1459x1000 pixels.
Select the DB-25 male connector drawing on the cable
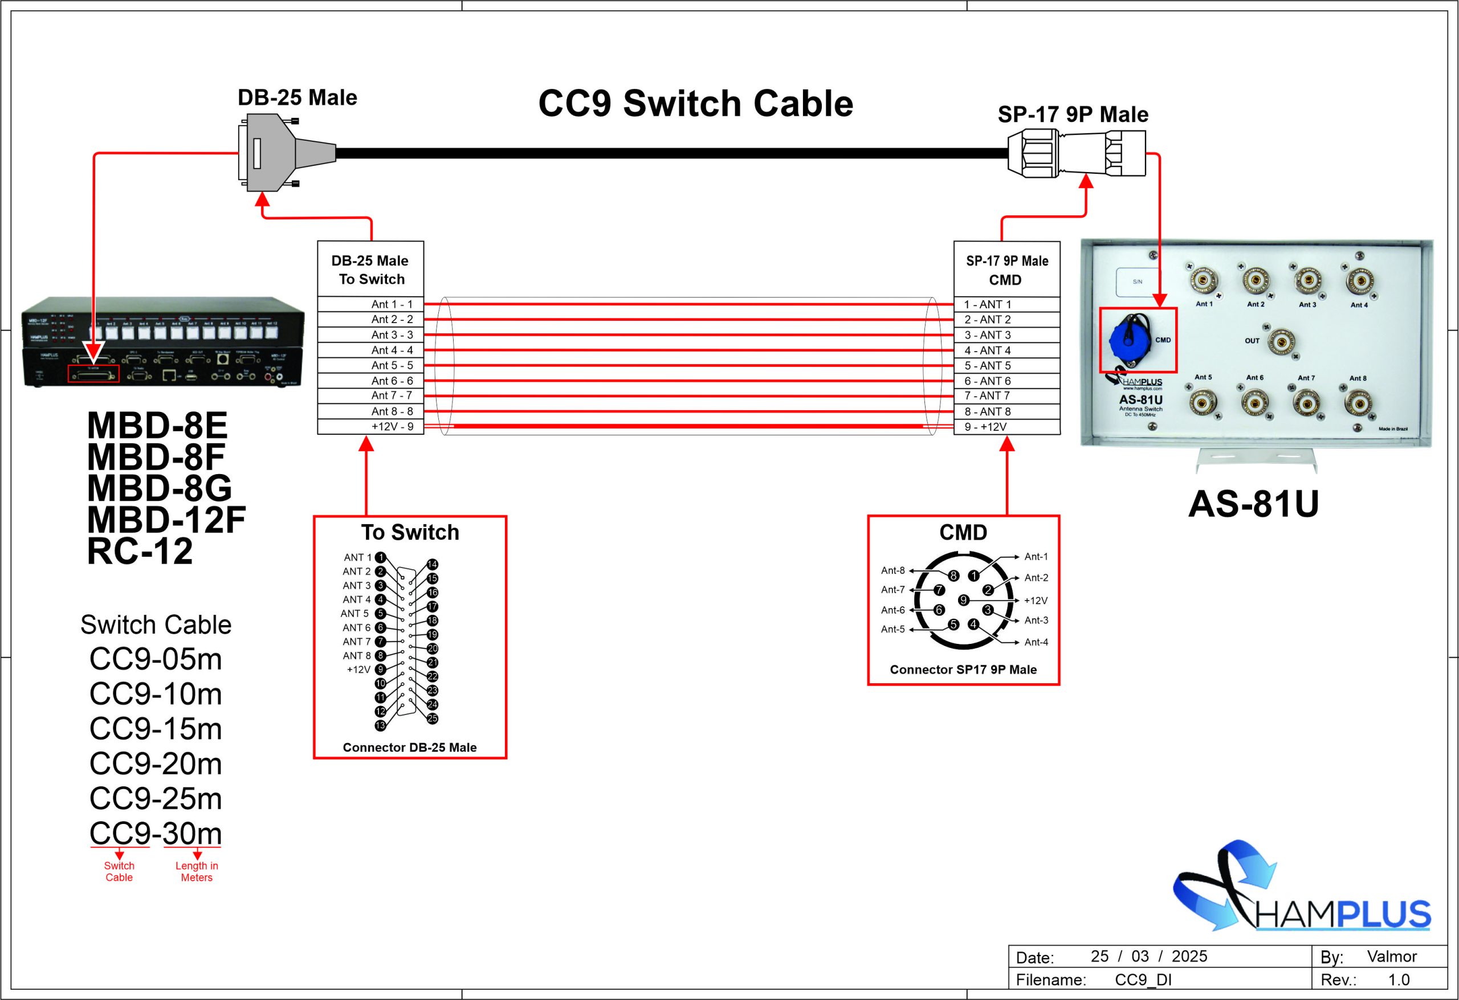click(276, 153)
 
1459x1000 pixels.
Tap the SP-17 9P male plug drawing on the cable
click(1076, 153)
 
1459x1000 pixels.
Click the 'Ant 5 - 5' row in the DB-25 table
click(370, 365)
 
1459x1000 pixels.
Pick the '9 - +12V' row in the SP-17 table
click(1006, 427)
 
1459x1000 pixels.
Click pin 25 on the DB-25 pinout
click(432, 719)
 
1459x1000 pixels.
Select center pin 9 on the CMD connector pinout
click(963, 600)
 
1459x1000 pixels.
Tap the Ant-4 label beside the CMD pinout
click(1036, 642)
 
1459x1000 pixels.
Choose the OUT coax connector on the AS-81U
click(1280, 341)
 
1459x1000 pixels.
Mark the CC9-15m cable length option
click(156, 729)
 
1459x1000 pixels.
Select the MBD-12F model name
click(166, 520)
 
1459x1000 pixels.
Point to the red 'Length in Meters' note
click(197, 871)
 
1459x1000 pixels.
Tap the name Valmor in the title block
click(1391, 956)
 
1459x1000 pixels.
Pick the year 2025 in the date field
click(1189, 956)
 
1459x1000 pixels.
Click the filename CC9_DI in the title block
click(1143, 980)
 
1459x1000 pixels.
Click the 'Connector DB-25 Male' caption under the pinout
click(409, 748)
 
